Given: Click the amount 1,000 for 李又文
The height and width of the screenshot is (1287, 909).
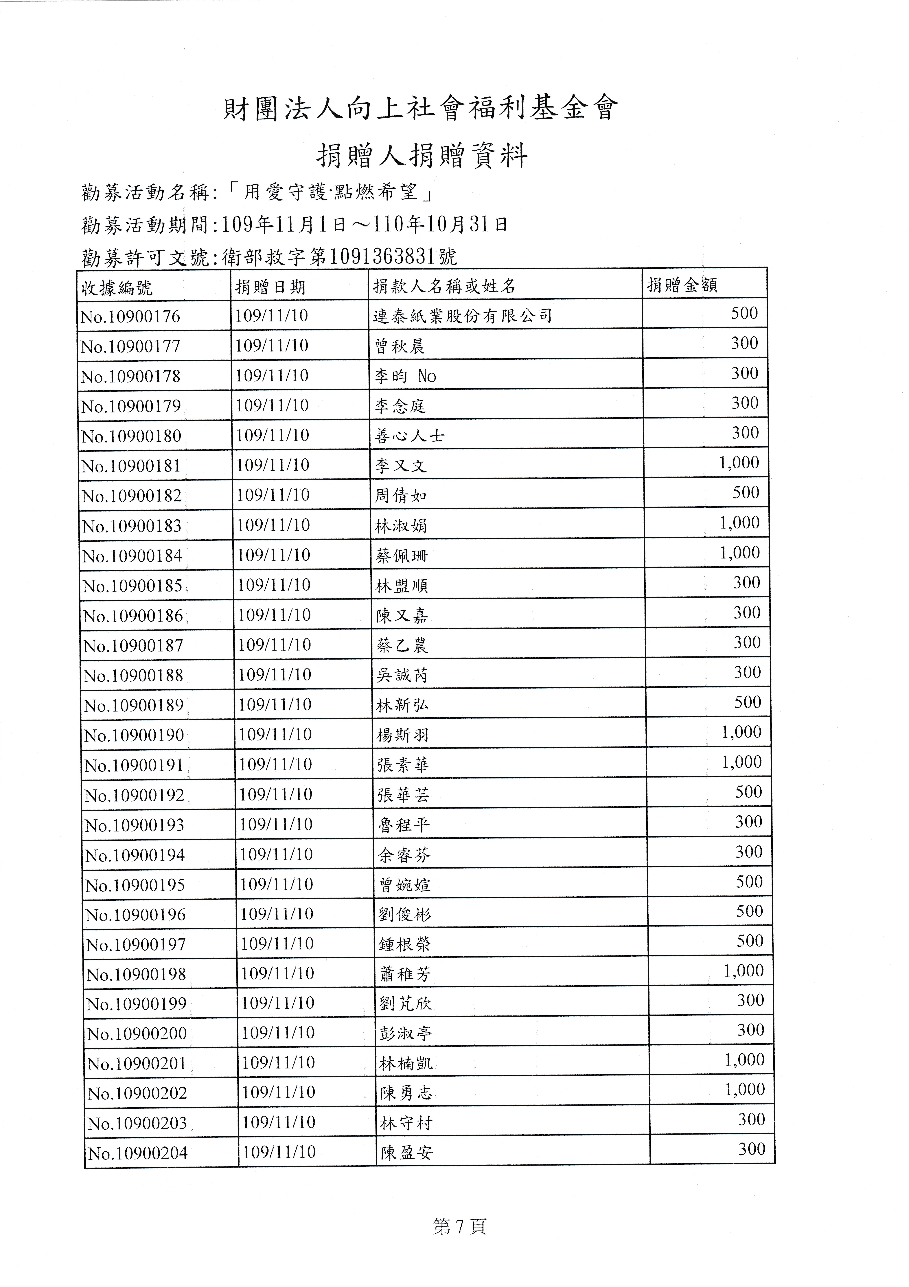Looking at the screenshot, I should (x=739, y=463).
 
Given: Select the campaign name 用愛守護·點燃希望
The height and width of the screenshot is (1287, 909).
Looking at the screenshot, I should (x=332, y=192).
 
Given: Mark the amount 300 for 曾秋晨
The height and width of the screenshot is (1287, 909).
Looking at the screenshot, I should (x=744, y=343).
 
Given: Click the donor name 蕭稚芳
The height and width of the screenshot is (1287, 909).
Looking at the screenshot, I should (x=404, y=974).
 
